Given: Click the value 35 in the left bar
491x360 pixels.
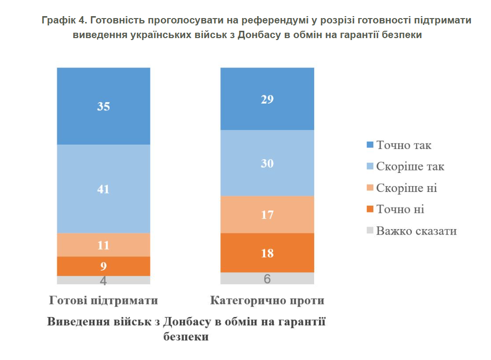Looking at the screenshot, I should tap(103, 106).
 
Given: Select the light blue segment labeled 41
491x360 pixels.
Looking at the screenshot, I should tap(103, 189).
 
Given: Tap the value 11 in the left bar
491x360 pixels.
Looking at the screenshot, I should tap(103, 245).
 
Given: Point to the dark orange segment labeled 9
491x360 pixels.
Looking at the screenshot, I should tap(103, 266).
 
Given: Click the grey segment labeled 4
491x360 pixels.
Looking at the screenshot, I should tap(103, 280).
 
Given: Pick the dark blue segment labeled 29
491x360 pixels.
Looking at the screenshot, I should tap(267, 99).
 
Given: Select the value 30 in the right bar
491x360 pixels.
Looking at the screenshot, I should tap(267, 164).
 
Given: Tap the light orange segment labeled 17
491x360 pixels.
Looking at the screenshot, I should tap(267, 215).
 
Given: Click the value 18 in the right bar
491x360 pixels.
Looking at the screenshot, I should tap(267, 254).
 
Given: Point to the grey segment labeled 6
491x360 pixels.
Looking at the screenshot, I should tap(267, 279).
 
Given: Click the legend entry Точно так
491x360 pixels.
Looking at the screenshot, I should tap(403, 145).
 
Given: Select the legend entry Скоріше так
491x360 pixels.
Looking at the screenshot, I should tap(409, 167).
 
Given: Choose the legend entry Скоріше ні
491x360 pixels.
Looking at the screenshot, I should tap(406, 188).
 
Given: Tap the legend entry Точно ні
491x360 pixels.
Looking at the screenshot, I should tap(400, 210).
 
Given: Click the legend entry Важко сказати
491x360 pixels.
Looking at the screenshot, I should tap(416, 231).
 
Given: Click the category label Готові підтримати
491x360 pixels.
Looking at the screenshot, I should tap(104, 300).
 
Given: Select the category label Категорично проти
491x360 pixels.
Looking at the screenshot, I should tap(267, 300).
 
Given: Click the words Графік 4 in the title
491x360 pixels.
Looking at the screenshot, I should tap(64, 21).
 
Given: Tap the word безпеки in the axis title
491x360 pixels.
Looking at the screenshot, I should tap(186, 337).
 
